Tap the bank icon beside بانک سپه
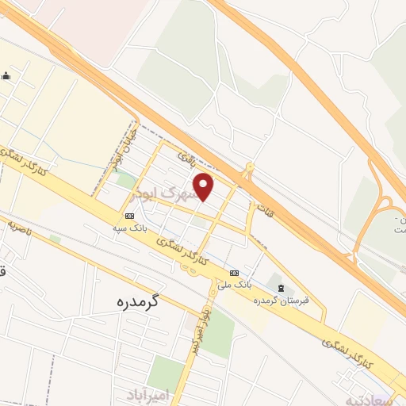click(x=129, y=215)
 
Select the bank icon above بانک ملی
click(x=233, y=272)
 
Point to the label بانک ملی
click(x=234, y=283)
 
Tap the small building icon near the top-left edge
click(x=6, y=76)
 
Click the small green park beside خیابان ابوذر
click(x=125, y=180)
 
